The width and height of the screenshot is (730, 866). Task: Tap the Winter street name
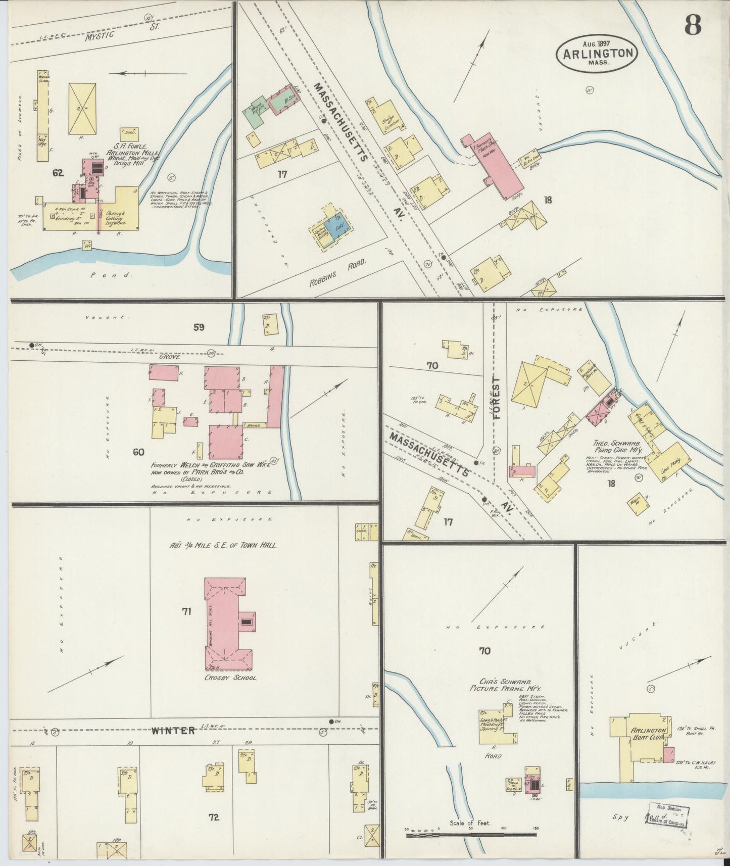pyautogui.click(x=173, y=731)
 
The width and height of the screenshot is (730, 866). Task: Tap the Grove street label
pyautogui.click(x=170, y=357)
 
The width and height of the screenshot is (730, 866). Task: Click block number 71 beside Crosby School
pyautogui.click(x=186, y=612)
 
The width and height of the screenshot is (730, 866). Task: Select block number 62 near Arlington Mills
pyautogui.click(x=58, y=173)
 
